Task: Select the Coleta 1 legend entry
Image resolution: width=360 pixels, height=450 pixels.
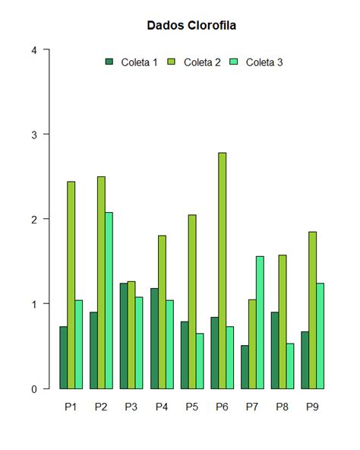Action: coord(132,62)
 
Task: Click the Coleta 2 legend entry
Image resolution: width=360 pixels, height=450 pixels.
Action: coord(194,62)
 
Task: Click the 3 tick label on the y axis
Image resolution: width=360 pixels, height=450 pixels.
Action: coord(33,135)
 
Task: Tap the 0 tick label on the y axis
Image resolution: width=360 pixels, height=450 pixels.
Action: coord(33,388)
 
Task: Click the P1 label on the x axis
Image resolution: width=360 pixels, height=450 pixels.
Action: coord(71,407)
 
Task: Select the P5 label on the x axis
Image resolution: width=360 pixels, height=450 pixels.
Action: coord(191,407)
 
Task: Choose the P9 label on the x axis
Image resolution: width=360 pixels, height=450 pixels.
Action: coord(312,407)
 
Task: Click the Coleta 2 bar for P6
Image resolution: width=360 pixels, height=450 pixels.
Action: coord(222,271)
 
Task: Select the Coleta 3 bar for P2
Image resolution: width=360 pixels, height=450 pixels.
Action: coord(109,300)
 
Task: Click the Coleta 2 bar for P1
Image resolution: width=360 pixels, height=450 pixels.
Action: coord(71,285)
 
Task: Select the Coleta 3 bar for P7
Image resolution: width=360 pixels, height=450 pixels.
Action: coord(260,322)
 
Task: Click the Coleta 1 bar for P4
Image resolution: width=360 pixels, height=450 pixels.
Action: coord(154,338)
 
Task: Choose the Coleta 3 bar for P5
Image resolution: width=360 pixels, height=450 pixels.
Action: coord(199,361)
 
